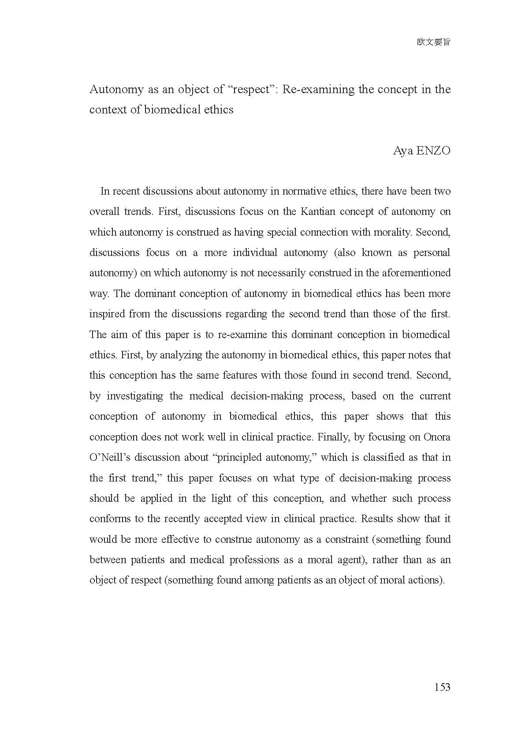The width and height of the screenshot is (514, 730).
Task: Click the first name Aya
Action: tap(402, 151)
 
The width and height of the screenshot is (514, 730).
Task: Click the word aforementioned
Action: tap(416, 273)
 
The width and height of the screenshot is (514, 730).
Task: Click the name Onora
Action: tap(437, 437)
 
